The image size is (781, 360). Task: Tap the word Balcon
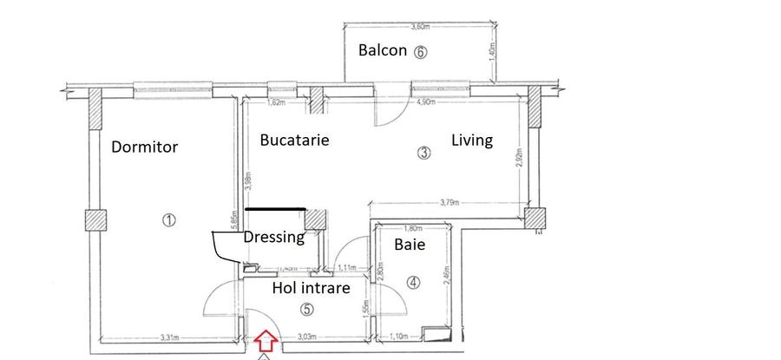pyautogui.click(x=383, y=50)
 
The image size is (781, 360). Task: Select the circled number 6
pyautogui.click(x=421, y=51)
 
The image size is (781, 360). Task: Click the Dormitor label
pyautogui.click(x=144, y=147)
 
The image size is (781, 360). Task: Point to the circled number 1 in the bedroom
pyautogui.click(x=168, y=220)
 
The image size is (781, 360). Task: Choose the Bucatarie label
pyautogui.click(x=295, y=140)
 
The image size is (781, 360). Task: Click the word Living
pyautogui.click(x=471, y=140)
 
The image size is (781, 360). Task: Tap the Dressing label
pyautogui.click(x=273, y=237)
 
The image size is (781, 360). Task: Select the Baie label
pyautogui.click(x=410, y=245)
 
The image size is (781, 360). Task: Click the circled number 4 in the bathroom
pyautogui.click(x=413, y=281)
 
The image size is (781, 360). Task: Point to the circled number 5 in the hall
pyautogui.click(x=305, y=309)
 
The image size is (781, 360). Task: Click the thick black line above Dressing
pyautogui.click(x=276, y=208)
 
